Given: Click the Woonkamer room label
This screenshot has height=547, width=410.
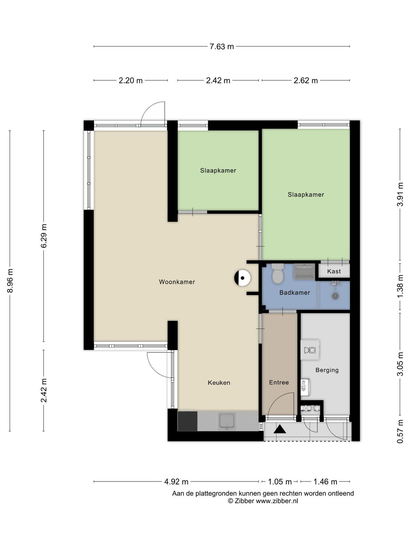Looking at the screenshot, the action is click(x=177, y=282).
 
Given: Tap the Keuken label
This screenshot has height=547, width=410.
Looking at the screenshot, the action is click(x=219, y=383).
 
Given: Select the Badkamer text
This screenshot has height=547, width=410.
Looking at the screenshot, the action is click(x=295, y=293).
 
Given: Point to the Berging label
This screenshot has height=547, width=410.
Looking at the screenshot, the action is click(x=327, y=370).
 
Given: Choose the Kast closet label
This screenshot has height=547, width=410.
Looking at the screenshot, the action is click(x=334, y=271).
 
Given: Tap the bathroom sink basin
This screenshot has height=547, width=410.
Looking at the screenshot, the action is click(x=304, y=272).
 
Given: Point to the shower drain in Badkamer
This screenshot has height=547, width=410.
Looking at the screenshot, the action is click(x=335, y=296).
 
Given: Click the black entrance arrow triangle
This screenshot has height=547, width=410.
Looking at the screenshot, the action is click(x=280, y=429).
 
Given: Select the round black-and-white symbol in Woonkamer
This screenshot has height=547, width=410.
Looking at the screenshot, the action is click(x=242, y=278).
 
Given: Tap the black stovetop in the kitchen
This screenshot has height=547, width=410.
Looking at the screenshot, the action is click(x=187, y=421).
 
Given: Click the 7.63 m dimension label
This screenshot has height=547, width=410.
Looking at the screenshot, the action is click(x=221, y=46).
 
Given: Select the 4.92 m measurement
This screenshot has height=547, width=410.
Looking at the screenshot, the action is click(x=176, y=482).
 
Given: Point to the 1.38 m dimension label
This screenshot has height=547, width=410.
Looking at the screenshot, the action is click(x=400, y=286).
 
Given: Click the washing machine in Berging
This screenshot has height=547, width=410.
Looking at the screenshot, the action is click(x=310, y=350).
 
